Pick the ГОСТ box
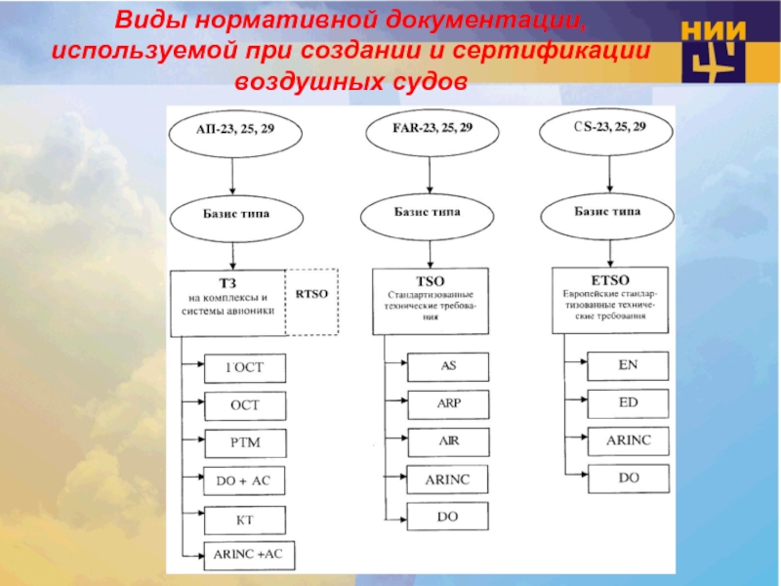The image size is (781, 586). (x=245, y=368)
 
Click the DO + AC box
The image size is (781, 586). (x=245, y=481)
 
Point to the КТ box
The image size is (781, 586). (x=245, y=519)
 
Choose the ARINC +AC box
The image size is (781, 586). (x=248, y=555)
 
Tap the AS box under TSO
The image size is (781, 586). (x=448, y=366)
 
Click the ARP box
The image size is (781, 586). (x=448, y=403)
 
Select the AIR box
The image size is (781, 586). (x=448, y=440)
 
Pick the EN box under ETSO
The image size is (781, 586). (x=628, y=365)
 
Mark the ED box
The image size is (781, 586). (x=628, y=402)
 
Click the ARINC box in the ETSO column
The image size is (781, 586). (x=628, y=440)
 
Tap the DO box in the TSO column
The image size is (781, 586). (x=448, y=516)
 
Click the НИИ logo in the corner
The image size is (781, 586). (x=717, y=50)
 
